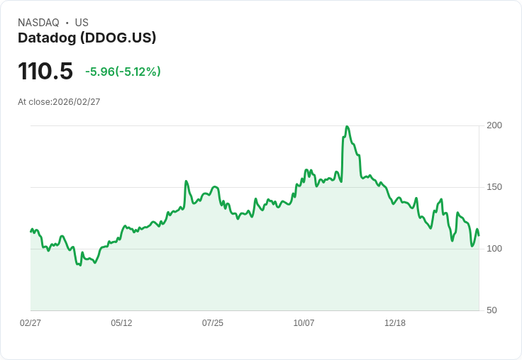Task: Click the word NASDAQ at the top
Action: coord(38,23)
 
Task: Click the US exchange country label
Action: coord(82,23)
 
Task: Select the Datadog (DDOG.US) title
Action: coord(87,38)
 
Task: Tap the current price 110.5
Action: coord(45,72)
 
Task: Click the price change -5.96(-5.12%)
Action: coord(123,72)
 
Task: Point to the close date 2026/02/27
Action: coord(77,102)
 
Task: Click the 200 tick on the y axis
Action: coord(494,125)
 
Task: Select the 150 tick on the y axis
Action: coord(494,187)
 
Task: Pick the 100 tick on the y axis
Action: coord(494,249)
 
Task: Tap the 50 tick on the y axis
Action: coord(492,310)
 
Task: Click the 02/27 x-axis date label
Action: coord(30,323)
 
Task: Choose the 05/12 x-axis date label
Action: coord(121,323)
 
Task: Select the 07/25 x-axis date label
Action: coord(213,323)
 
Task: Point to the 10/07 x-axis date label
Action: coord(304,323)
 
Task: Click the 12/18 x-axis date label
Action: coord(395,323)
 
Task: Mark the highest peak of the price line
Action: coord(347,127)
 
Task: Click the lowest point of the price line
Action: coord(79,265)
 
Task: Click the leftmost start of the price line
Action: coord(30,232)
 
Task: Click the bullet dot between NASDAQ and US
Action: coord(67,23)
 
